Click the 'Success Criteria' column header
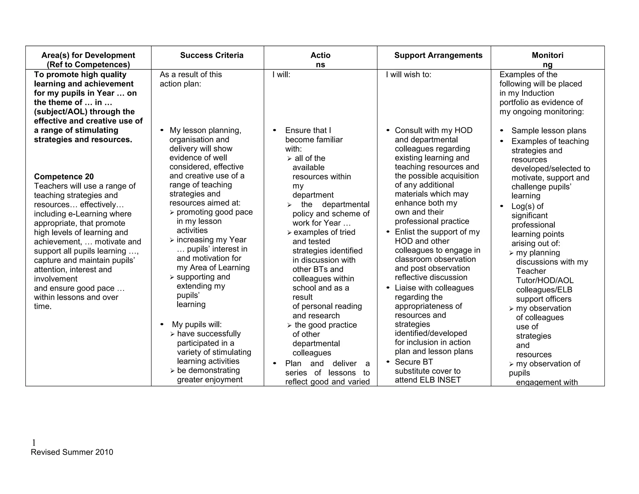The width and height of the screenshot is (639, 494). [212, 55]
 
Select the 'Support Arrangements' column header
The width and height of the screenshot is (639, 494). [438, 55]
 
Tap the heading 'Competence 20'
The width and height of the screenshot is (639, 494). [64, 177]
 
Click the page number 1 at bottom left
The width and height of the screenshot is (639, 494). [34, 442]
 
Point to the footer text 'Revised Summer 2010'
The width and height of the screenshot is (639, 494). [72, 452]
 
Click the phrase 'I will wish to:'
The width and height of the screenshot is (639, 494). [408, 75]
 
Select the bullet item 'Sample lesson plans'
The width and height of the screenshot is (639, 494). [549, 131]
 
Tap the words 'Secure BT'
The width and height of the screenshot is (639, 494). [414, 362]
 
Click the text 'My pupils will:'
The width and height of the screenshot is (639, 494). [197, 324]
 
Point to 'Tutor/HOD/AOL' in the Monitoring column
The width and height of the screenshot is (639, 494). [545, 280]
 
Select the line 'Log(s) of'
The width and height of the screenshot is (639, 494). [527, 206]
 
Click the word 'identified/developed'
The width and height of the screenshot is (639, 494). [431, 333]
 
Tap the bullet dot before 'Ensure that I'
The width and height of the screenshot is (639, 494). [275, 130]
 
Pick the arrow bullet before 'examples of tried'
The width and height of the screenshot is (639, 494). [289, 233]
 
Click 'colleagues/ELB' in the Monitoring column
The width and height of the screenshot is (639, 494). [544, 290]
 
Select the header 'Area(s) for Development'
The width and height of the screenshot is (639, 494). [88, 55]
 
